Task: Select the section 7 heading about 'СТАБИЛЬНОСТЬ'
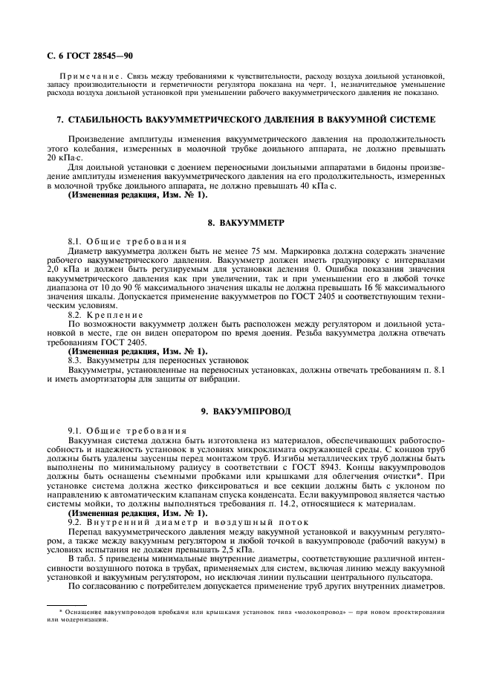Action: tap(245, 120)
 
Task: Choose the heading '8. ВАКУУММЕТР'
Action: tap(245, 223)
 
